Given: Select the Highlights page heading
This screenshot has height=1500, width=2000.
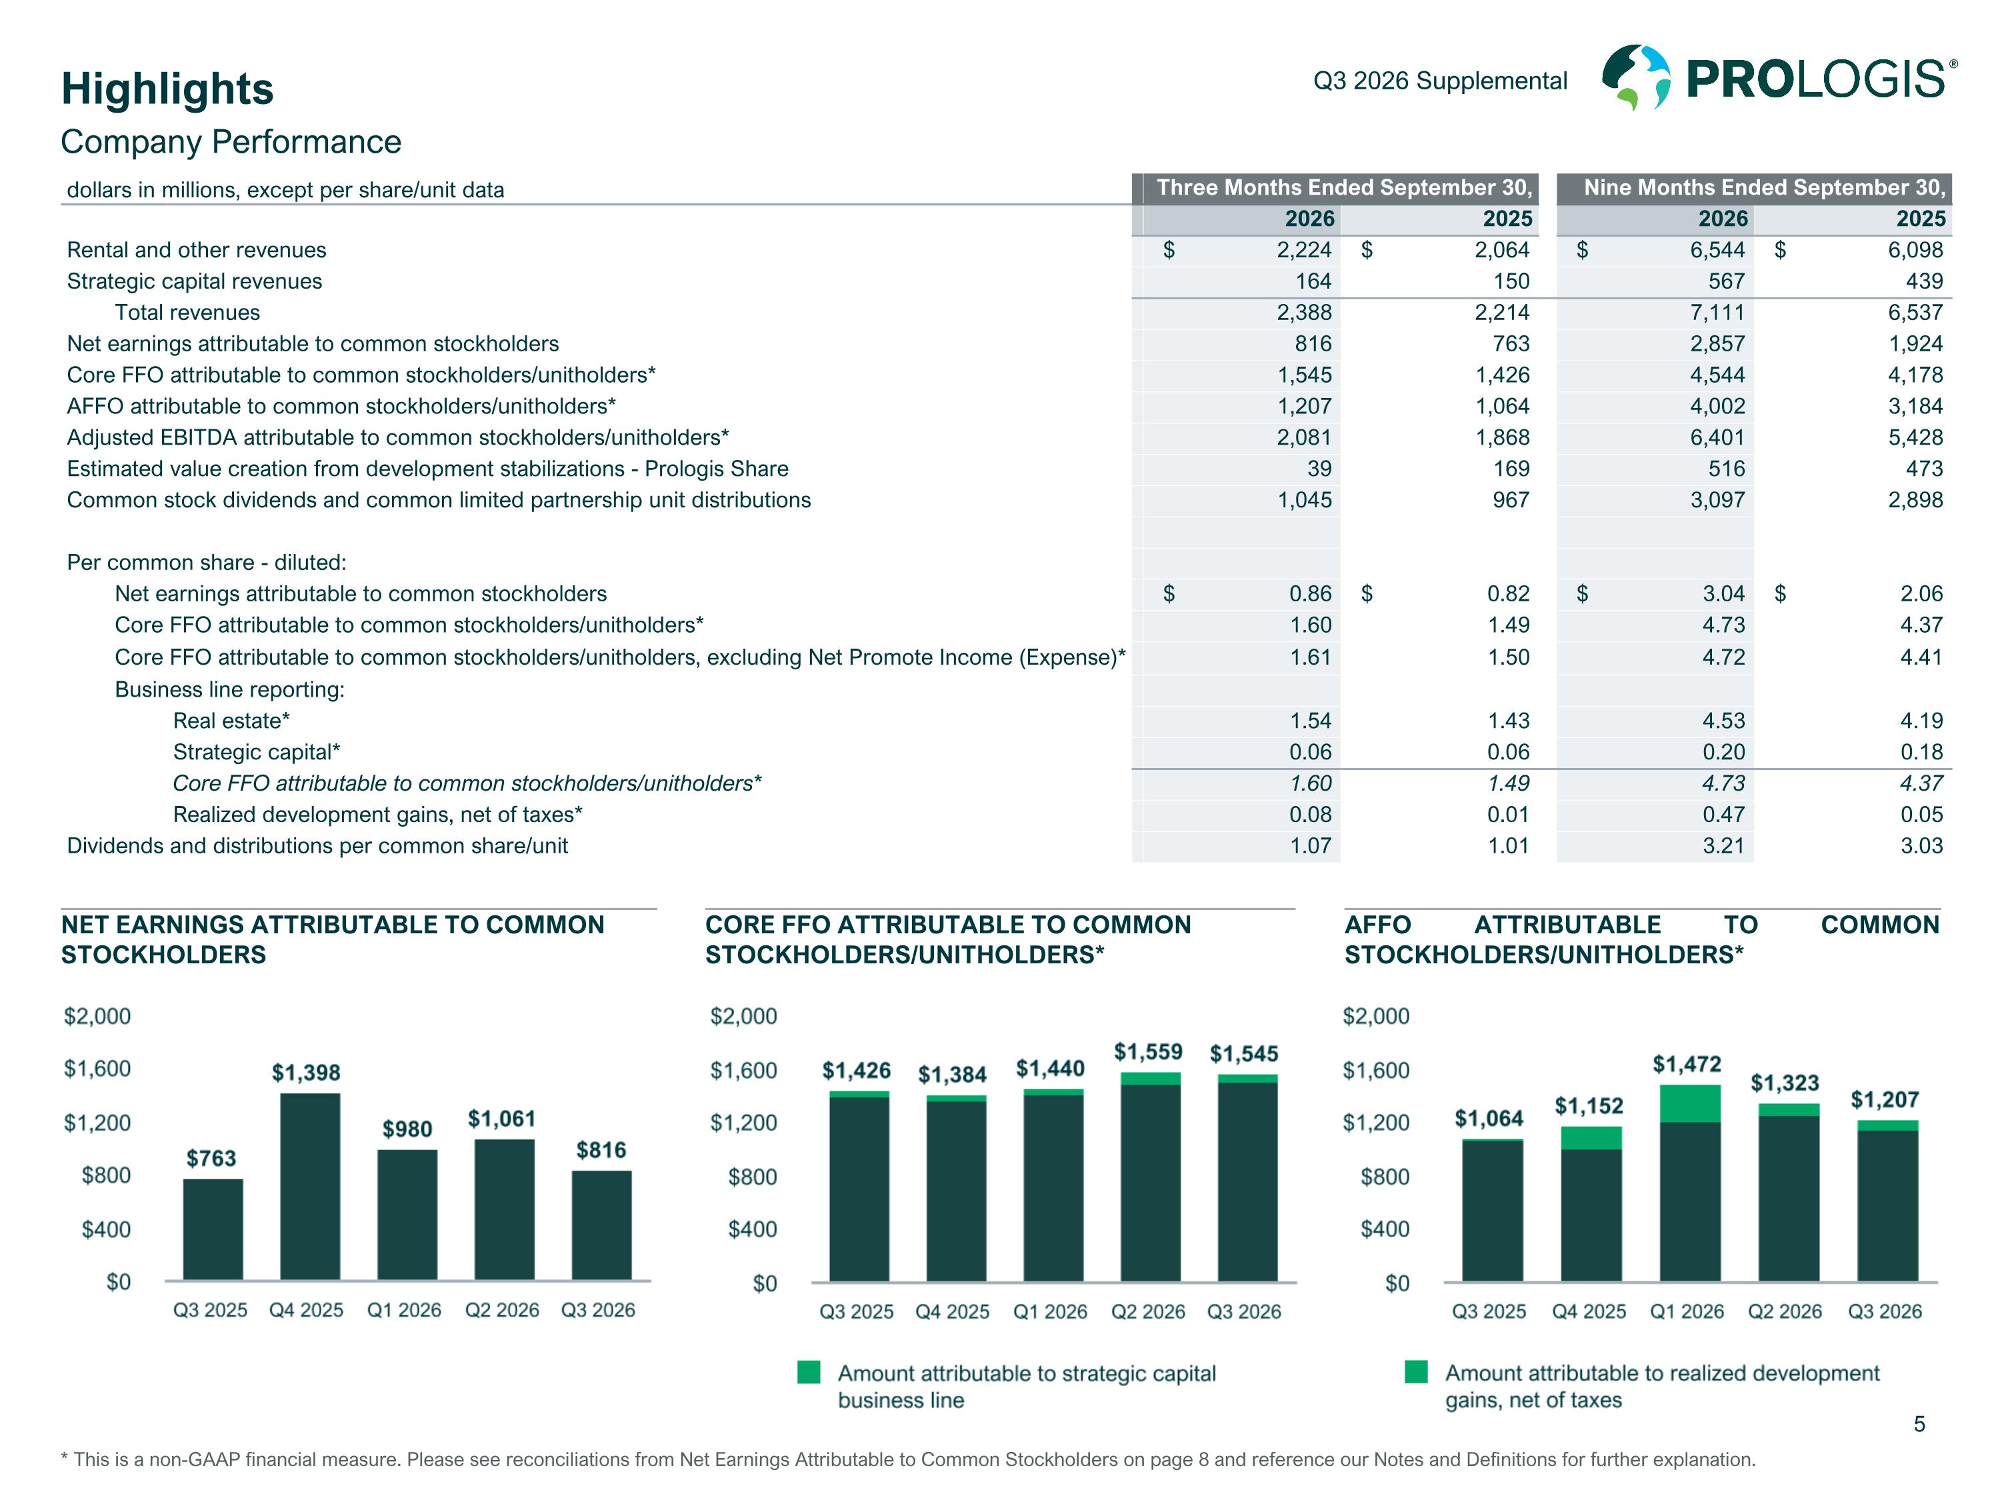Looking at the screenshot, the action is pyautogui.click(x=167, y=89).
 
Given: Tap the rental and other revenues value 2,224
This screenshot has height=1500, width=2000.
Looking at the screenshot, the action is pyautogui.click(x=1304, y=251).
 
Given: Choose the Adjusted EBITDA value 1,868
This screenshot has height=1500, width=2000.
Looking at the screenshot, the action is pyautogui.click(x=1502, y=437).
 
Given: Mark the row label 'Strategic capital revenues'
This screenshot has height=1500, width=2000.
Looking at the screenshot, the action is pyautogui.click(x=195, y=281).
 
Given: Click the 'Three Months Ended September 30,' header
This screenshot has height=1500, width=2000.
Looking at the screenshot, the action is pyautogui.click(x=1345, y=188).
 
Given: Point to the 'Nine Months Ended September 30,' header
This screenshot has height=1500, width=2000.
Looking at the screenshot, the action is pyautogui.click(x=1764, y=188).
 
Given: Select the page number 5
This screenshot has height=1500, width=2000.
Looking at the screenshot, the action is pyautogui.click(x=1919, y=1425).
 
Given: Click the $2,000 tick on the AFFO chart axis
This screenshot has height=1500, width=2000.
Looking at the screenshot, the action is pyautogui.click(x=1376, y=1016).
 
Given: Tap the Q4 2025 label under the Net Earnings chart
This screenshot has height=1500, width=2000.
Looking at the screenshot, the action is pyautogui.click(x=307, y=1310).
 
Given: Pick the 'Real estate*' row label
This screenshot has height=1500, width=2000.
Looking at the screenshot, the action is pyautogui.click(x=231, y=721).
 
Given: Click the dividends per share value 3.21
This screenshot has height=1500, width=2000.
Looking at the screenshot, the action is pyautogui.click(x=1723, y=846).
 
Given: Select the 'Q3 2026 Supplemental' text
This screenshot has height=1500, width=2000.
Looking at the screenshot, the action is pyautogui.click(x=1440, y=81).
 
